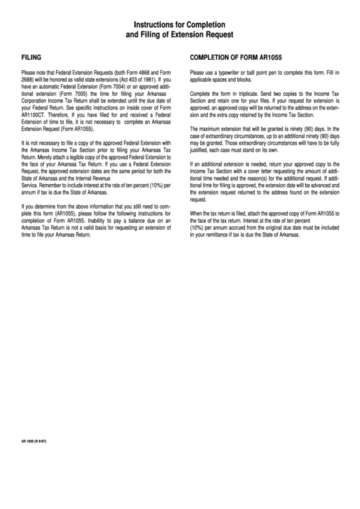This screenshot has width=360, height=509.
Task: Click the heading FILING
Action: coord(31,58)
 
